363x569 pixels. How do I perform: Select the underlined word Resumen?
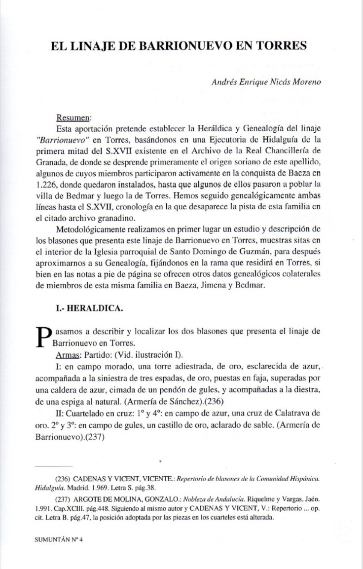tap(74, 118)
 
